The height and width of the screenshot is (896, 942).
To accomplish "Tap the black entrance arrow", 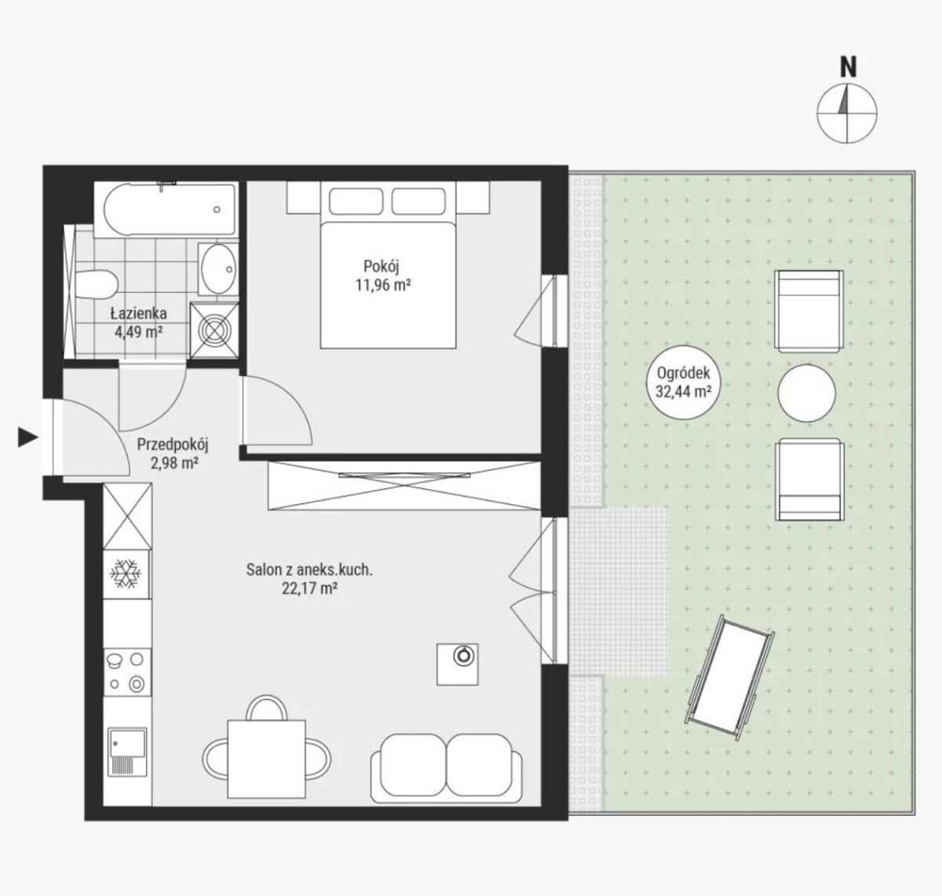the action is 27,437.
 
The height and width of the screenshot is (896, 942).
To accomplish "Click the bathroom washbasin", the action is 218,269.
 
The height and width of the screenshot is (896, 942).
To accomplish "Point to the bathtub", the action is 166,210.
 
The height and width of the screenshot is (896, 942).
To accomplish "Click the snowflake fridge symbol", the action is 126,573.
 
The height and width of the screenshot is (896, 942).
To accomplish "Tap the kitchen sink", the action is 127,752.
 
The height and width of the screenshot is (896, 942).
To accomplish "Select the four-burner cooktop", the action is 127,672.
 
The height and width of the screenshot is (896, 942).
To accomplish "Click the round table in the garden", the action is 806,393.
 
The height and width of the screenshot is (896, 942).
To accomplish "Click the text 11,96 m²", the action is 382,286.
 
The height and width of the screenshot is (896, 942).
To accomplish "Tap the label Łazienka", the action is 138,314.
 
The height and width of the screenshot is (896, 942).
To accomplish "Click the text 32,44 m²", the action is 682,391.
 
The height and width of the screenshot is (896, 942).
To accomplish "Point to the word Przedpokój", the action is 173,445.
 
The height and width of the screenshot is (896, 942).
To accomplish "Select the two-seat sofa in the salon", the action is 446,769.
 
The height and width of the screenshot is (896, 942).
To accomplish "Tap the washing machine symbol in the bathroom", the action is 214,330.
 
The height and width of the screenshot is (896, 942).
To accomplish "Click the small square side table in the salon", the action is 457,664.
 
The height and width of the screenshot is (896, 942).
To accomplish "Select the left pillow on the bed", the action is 356,201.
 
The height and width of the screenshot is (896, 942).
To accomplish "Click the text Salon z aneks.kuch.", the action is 309,569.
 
